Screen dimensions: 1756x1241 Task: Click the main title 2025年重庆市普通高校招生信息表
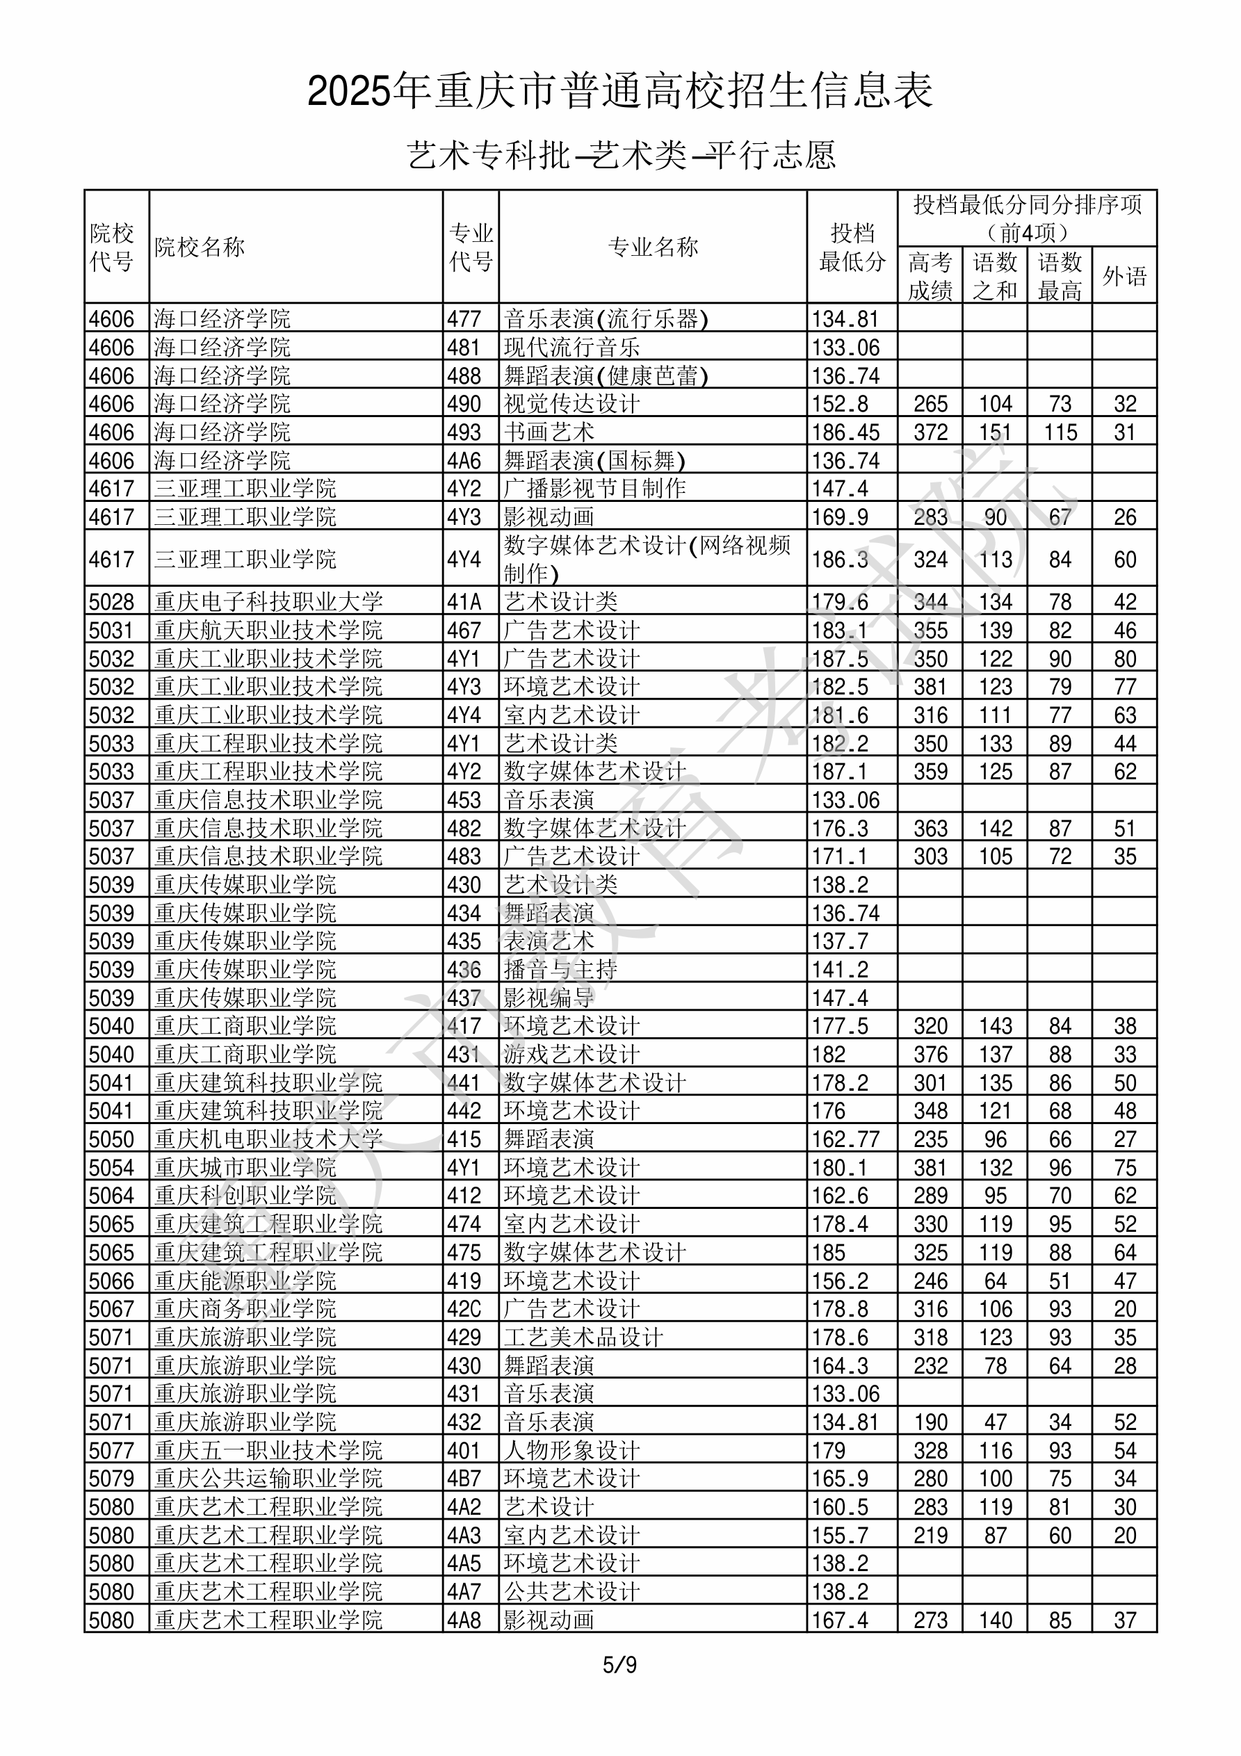(619, 92)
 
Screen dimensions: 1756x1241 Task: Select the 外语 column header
(1124, 276)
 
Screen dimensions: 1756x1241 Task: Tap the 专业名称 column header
(653, 247)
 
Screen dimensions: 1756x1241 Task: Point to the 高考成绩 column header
(930, 276)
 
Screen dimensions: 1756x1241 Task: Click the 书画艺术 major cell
(549, 432)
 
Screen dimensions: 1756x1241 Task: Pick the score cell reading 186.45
(845, 432)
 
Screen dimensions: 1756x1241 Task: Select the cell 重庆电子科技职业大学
(268, 602)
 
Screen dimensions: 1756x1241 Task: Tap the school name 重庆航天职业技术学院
(268, 631)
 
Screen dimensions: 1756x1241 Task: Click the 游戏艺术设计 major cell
(571, 1055)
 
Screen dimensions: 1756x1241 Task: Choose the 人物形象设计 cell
(571, 1450)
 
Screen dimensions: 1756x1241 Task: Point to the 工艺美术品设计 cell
(583, 1338)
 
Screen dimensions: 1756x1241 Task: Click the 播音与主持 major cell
(560, 970)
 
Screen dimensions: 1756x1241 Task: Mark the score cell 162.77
(845, 1139)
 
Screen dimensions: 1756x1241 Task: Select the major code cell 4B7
(464, 1479)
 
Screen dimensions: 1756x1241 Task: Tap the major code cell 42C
(464, 1309)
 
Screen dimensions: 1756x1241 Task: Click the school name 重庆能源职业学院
(245, 1281)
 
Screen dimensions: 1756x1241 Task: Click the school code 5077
(112, 1450)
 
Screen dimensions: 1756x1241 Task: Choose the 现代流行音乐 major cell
(571, 347)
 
